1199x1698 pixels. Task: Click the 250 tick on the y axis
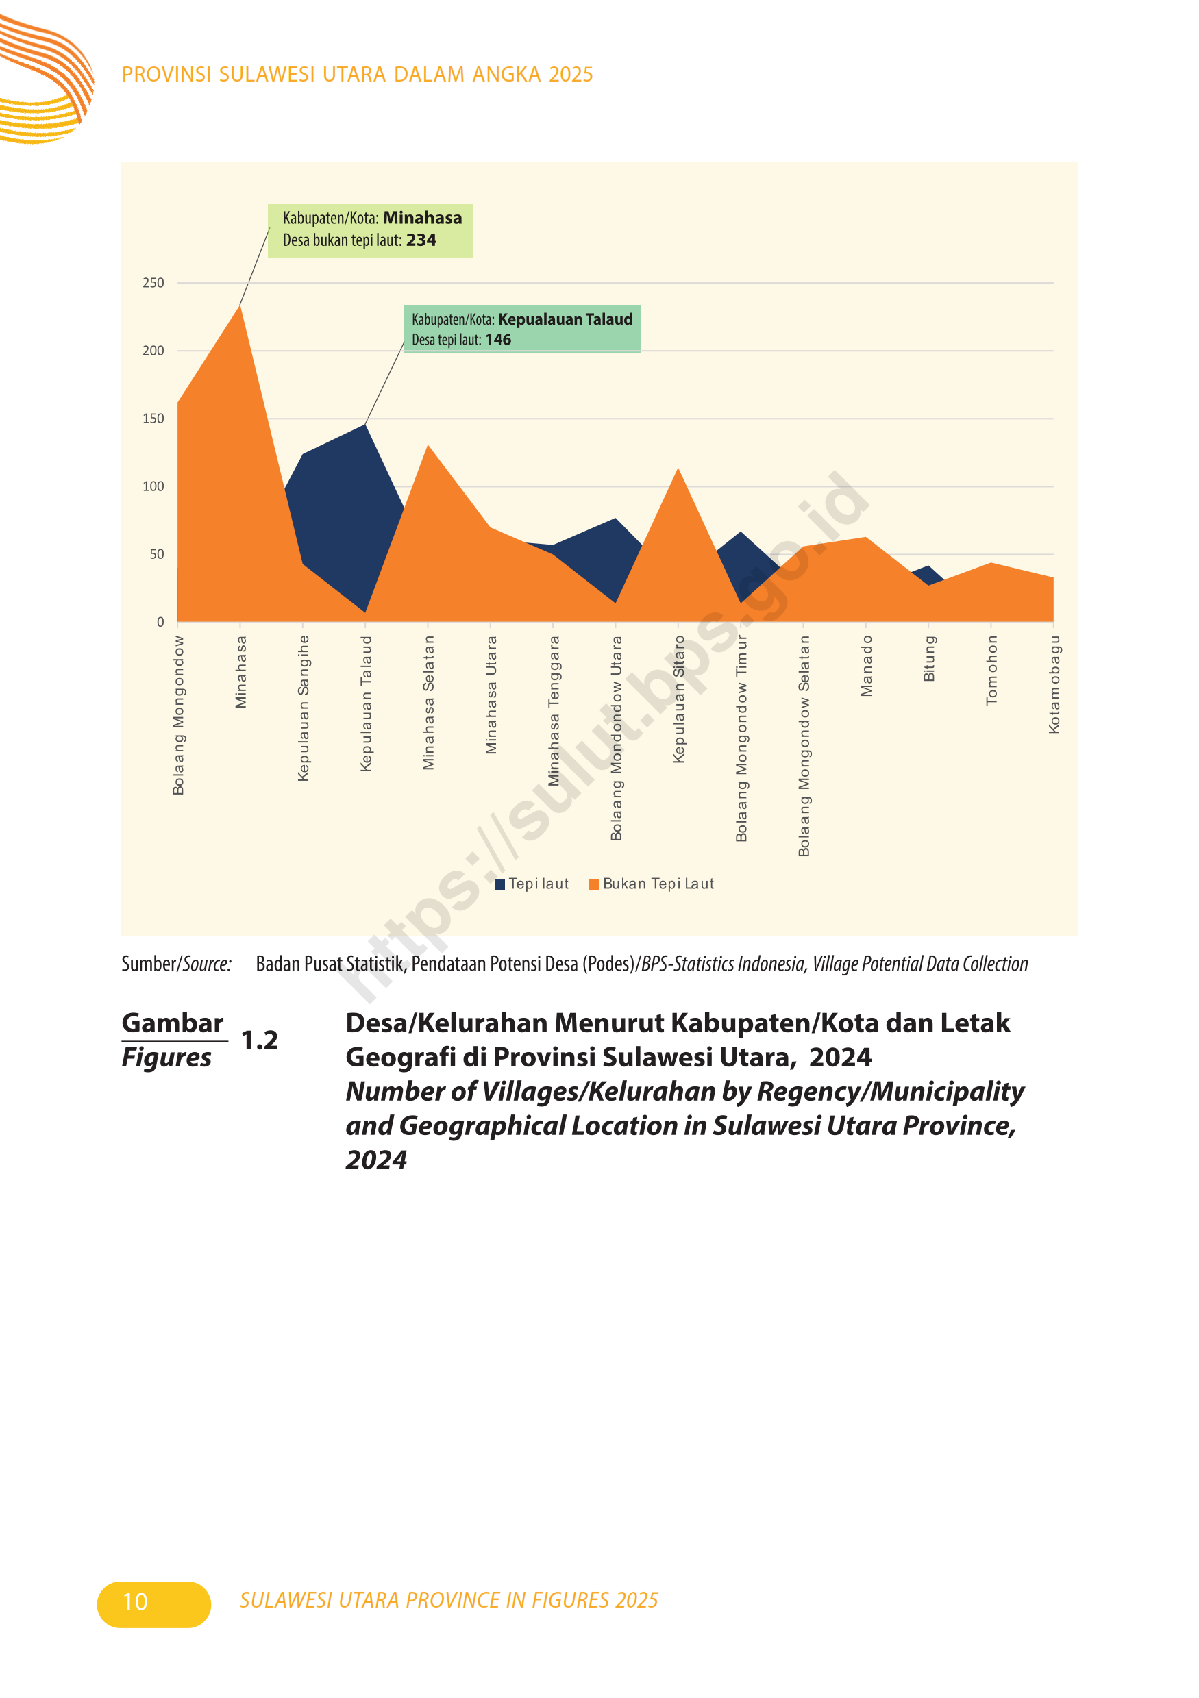tap(153, 282)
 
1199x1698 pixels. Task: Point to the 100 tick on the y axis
tap(153, 486)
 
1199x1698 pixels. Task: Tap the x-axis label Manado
tap(866, 666)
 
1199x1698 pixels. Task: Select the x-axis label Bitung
tap(929, 658)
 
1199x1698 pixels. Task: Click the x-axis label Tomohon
tap(991, 670)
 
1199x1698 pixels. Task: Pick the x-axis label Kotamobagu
tap(1054, 684)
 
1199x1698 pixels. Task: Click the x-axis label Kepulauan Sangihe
tap(304, 708)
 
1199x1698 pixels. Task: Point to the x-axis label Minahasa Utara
tap(491, 695)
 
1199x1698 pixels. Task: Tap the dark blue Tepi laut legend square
tap(499, 884)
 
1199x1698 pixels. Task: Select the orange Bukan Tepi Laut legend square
tap(594, 884)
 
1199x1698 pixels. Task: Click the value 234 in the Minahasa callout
tap(421, 240)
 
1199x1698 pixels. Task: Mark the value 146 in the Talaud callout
tap(498, 340)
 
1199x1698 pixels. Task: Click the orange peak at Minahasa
tap(240, 305)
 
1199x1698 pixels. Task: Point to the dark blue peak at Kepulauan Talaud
tap(365, 424)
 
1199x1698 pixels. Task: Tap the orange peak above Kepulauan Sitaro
tap(678, 469)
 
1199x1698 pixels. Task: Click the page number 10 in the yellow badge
tap(136, 1602)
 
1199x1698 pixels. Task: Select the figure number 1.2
tap(260, 1040)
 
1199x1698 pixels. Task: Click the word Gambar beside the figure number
tap(173, 1023)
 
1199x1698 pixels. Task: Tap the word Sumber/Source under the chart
tap(176, 964)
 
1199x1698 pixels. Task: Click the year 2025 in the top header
tap(571, 74)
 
